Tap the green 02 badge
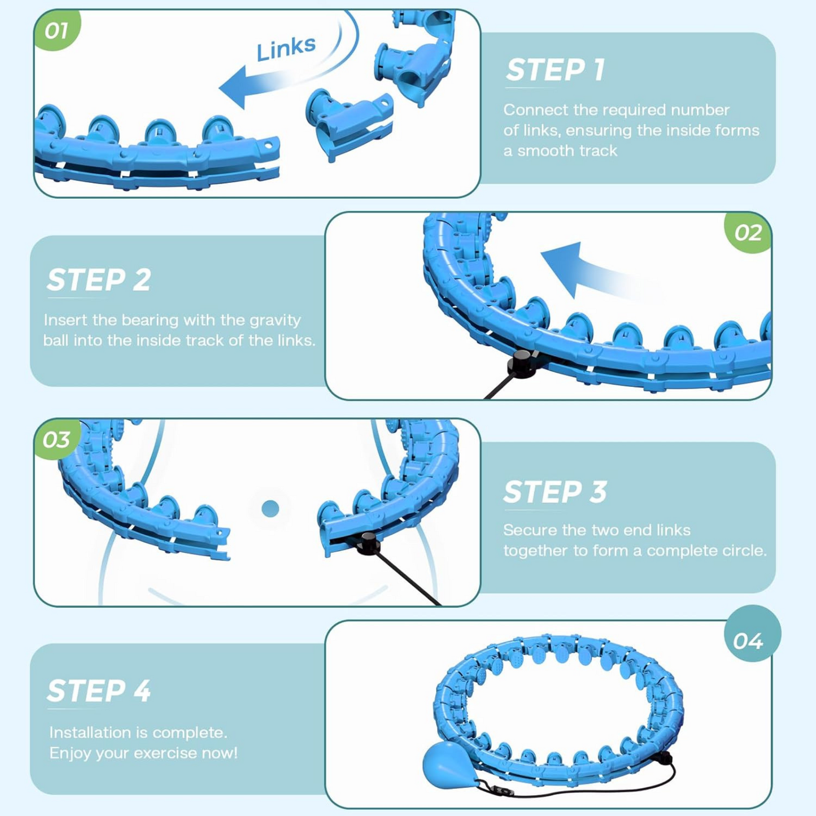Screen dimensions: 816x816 point(748,232)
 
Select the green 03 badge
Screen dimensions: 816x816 point(56,439)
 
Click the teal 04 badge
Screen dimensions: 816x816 point(748,640)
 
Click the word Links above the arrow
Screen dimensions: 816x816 point(286,49)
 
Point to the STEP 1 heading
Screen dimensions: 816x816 point(555,70)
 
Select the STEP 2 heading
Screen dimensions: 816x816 point(99,280)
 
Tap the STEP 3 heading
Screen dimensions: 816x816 point(555,492)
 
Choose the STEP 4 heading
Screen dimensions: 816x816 point(99,691)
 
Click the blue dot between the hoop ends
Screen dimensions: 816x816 point(270,509)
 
